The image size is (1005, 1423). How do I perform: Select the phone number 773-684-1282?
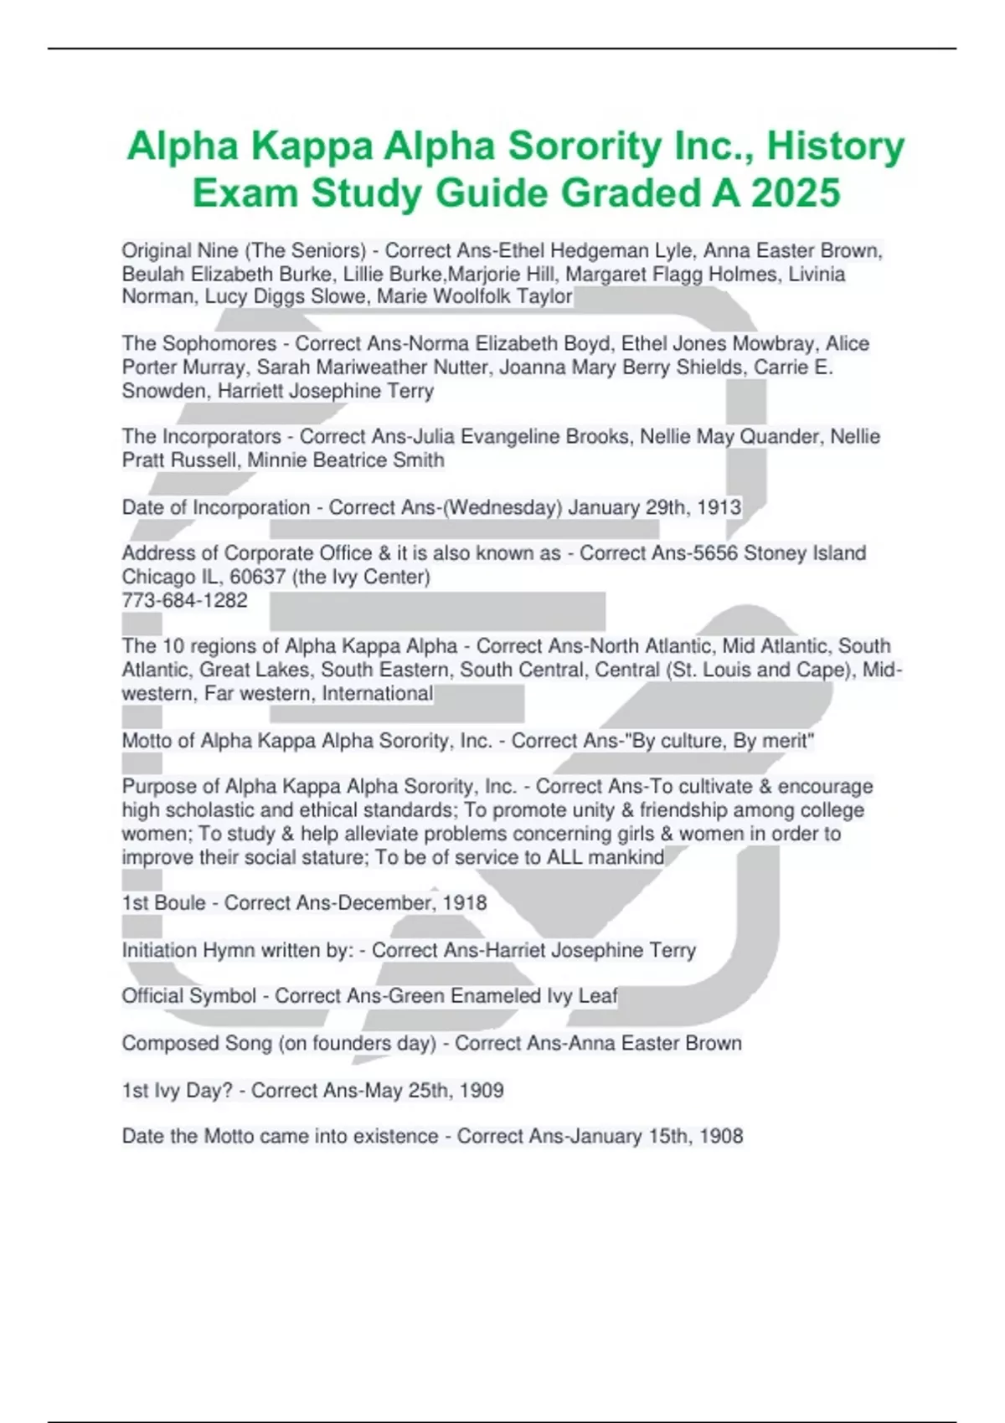click(184, 600)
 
